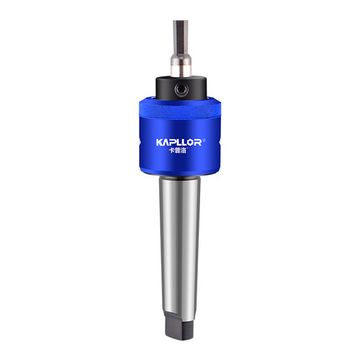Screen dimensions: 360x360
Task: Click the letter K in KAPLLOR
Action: (159, 143)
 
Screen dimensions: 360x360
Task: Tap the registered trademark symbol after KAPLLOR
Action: (204, 140)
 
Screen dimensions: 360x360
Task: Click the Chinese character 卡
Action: (172, 150)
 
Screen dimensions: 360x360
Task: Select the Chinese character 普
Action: (178, 150)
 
